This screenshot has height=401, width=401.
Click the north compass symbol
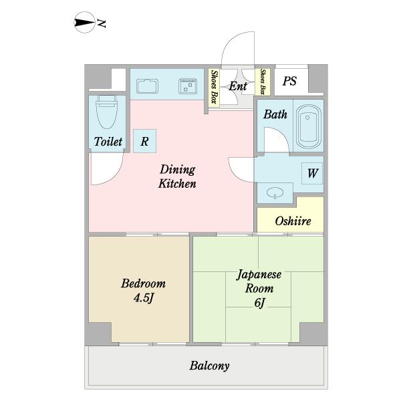coord(84,23)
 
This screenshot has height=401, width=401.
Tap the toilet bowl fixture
coord(107,112)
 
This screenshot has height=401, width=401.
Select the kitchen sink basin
coord(147,86)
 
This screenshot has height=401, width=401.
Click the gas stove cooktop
coord(188,86)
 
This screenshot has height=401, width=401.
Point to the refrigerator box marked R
coord(144,141)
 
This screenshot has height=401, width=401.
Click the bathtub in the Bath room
coord(309,126)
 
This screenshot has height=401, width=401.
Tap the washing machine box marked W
coord(312,173)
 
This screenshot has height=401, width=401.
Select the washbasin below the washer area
coord(275,192)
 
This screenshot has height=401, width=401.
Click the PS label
coord(289,81)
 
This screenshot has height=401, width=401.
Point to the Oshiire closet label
coord(293,221)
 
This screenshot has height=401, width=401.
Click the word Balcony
coord(209,366)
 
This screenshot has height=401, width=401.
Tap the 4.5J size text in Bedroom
coord(143,298)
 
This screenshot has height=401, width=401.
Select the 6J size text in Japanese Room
coord(259,303)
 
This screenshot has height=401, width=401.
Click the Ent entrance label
coord(237,86)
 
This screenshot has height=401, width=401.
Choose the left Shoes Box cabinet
coord(214,87)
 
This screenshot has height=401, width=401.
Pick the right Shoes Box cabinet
coord(262,82)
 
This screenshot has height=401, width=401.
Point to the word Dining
coord(178,170)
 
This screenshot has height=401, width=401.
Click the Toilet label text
coord(108,142)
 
